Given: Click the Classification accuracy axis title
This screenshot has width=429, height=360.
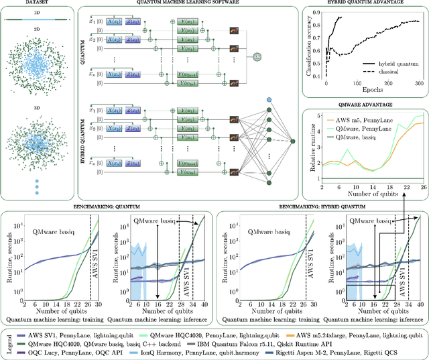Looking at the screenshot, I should [308, 48].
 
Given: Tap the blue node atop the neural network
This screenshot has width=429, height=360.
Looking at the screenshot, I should [269, 100].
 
